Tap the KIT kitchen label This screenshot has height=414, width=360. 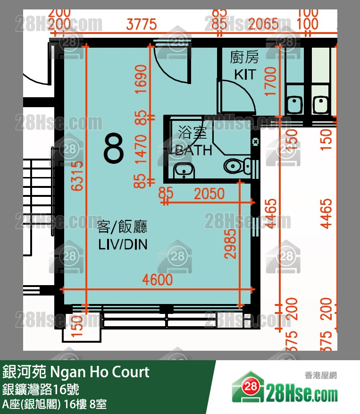click(x=244, y=74)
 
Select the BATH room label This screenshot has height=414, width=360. click(x=193, y=150)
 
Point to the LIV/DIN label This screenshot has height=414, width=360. click(x=123, y=244)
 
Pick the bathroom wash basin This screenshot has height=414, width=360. click(x=184, y=170)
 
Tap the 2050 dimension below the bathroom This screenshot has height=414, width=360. click(x=209, y=194)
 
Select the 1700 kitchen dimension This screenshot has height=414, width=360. click(x=270, y=81)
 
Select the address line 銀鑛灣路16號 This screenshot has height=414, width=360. click(x=40, y=389)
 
